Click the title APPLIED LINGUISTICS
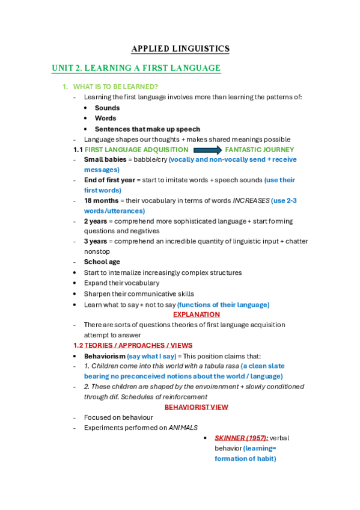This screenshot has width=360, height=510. [180, 49]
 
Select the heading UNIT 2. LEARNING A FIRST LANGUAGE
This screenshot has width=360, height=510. [136, 69]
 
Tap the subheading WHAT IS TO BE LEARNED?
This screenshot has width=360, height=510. [115, 87]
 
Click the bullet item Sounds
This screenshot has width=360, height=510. [107, 108]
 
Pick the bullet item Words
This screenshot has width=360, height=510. [105, 118]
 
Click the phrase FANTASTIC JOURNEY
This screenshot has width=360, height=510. [259, 150]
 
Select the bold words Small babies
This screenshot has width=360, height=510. [105, 160]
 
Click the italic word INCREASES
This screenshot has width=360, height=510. [251, 201]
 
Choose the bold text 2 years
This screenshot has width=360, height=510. [96, 221]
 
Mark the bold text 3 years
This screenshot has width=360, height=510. [96, 242]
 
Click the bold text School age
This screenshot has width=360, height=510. [102, 262]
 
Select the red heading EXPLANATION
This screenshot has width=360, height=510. [197, 315]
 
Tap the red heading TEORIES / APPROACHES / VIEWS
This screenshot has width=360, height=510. [138, 345]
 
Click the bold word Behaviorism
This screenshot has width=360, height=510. [104, 356]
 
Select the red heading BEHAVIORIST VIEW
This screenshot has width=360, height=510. [197, 407]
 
